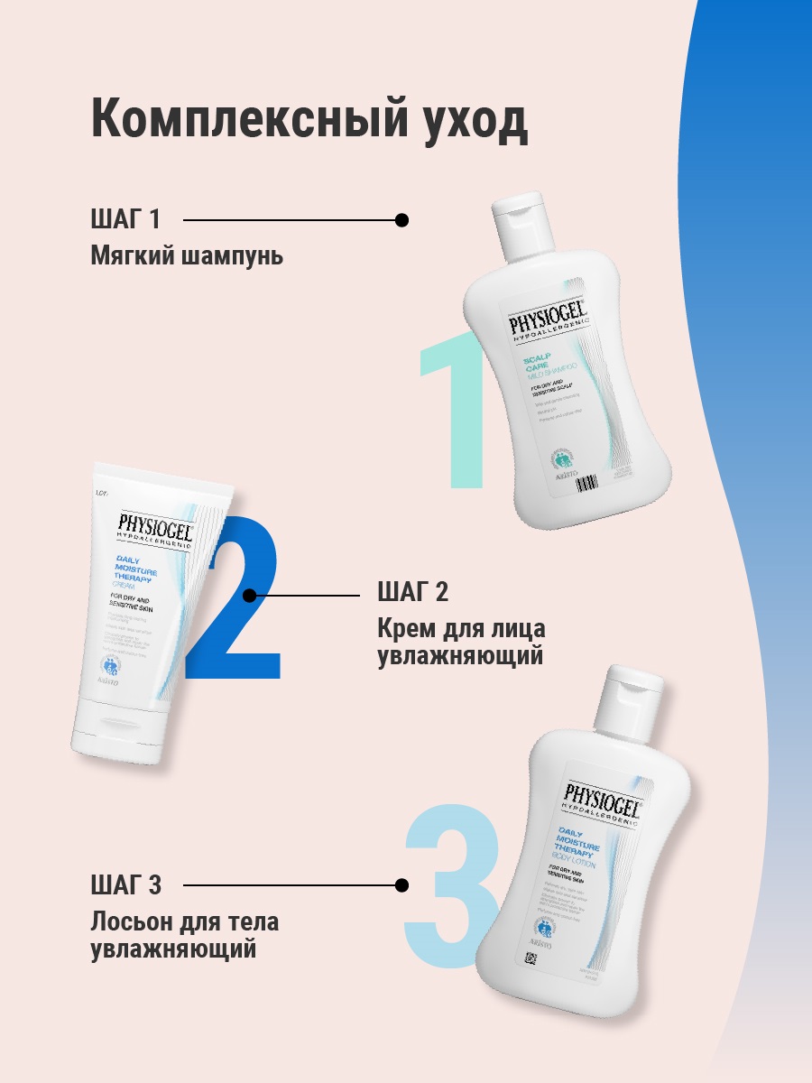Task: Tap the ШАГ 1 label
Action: tap(125, 219)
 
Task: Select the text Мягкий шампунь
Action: tap(187, 256)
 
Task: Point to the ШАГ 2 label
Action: tap(412, 593)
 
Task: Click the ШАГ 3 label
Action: tap(126, 885)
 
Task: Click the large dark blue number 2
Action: tap(236, 600)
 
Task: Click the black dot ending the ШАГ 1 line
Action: tap(402, 219)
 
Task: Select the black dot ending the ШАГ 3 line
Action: tap(402, 885)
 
